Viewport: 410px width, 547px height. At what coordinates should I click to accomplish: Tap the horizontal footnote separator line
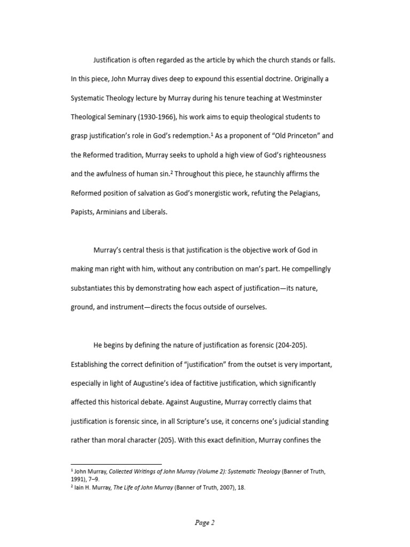point(116,464)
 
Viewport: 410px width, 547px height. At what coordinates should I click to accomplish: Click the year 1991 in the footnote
point(78,479)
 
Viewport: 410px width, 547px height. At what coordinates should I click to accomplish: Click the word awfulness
point(105,174)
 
